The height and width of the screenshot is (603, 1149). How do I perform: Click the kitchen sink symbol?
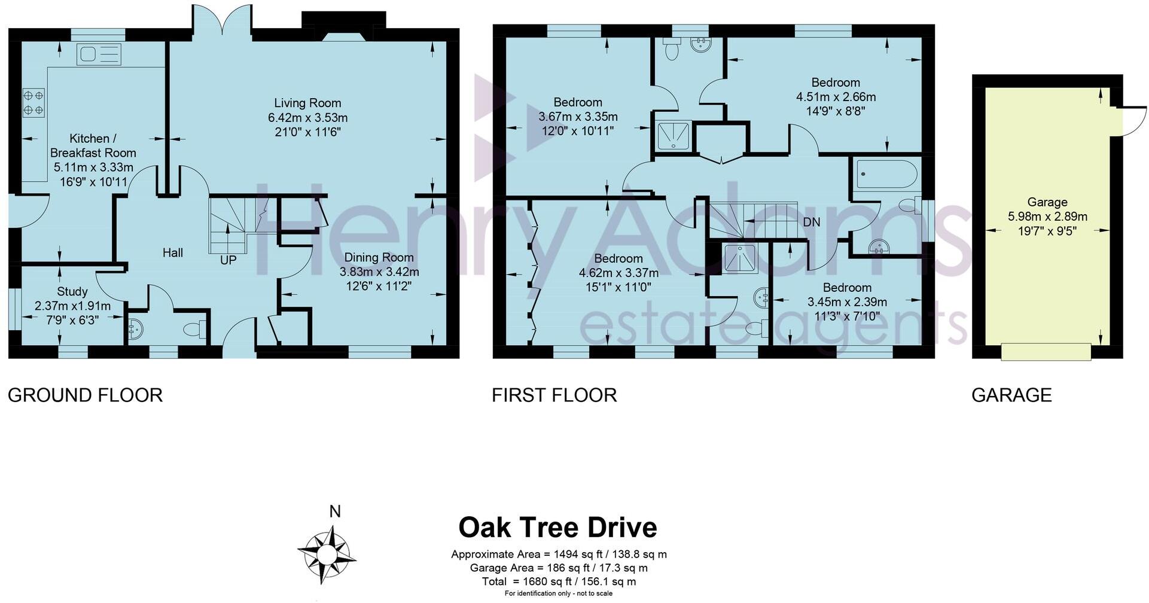[99, 54]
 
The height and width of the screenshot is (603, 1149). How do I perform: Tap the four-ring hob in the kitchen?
[33, 102]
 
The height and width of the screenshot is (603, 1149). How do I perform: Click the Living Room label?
[307, 103]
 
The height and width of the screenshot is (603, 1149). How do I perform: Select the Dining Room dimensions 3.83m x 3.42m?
[379, 272]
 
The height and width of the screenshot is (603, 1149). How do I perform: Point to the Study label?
[72, 291]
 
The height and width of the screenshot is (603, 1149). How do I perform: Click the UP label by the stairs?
[228, 260]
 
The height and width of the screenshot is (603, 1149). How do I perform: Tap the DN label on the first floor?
[811, 222]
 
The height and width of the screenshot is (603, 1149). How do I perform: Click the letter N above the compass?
[335, 511]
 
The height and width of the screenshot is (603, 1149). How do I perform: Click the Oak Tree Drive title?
[557, 528]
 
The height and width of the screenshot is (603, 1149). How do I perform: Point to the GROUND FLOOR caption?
[85, 395]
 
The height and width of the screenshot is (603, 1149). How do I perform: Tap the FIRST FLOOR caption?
[554, 395]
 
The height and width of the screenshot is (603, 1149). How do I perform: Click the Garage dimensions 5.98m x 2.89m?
[1047, 217]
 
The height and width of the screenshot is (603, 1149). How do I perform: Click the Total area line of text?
[559, 581]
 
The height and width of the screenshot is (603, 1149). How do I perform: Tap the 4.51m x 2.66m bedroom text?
[836, 97]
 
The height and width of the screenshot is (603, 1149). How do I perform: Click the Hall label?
[173, 252]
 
